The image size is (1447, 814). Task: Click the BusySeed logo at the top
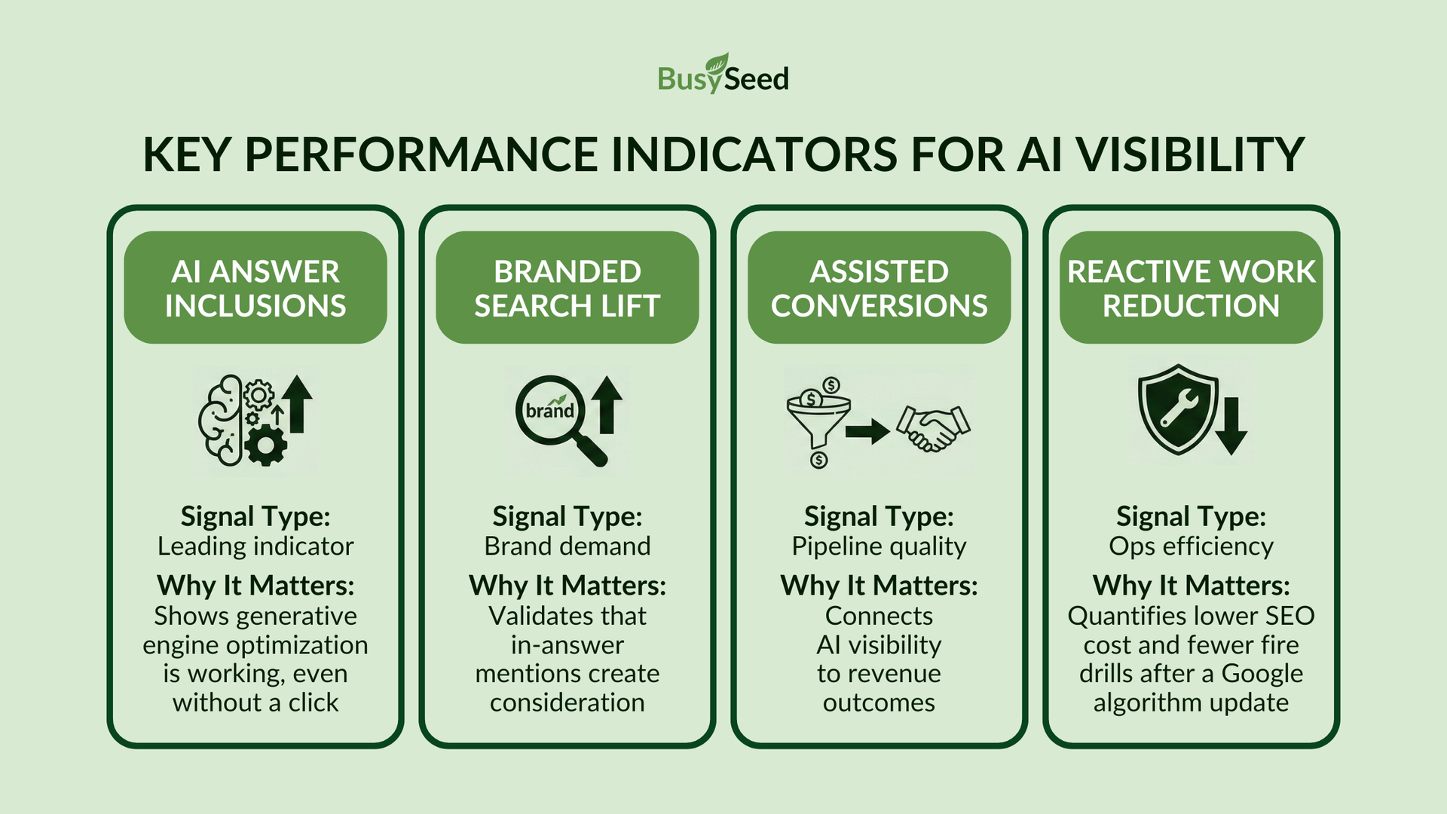coord(723,75)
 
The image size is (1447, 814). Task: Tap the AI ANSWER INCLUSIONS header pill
coord(255,288)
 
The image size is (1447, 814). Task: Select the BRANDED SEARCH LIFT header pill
coord(567,288)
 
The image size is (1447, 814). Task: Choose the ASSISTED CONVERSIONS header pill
coord(879,288)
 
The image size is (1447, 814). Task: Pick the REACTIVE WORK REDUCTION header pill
coord(1191,288)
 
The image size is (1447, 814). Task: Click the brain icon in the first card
coord(221,420)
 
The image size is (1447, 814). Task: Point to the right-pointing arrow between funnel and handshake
coord(867,432)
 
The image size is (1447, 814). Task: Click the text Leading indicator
coord(255,546)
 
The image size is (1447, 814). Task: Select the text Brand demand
coord(567,546)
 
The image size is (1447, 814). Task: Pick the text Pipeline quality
coord(879,546)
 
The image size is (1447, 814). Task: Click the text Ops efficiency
coord(1191,546)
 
